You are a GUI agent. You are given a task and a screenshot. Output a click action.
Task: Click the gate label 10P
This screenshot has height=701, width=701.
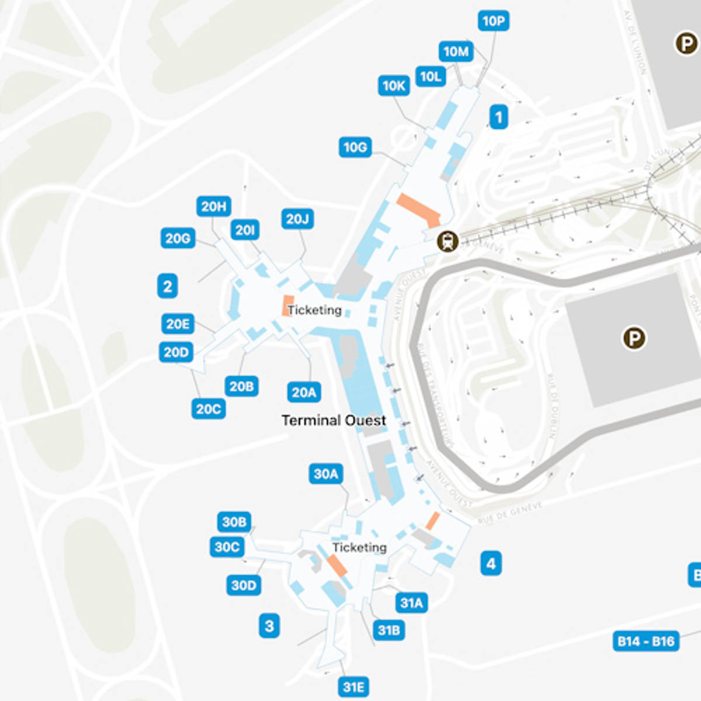(x=493, y=21)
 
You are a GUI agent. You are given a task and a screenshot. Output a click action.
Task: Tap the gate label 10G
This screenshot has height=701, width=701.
(x=355, y=147)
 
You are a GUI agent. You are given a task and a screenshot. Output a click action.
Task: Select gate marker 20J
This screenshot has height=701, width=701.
(x=297, y=219)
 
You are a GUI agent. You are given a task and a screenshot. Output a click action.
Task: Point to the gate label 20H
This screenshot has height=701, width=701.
(x=214, y=206)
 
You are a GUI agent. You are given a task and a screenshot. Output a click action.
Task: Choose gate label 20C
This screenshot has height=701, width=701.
(x=209, y=409)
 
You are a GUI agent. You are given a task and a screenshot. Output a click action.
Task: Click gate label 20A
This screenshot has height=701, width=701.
(x=304, y=392)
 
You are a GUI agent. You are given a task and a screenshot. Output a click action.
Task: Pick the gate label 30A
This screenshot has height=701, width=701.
(x=326, y=474)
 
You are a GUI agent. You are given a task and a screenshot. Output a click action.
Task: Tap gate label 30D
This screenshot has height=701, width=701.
(x=244, y=585)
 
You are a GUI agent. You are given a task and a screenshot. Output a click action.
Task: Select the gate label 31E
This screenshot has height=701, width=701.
(x=354, y=687)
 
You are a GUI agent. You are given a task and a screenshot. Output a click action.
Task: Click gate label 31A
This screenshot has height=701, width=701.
(x=411, y=603)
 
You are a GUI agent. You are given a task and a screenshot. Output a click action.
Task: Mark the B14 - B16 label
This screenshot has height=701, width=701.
(x=646, y=641)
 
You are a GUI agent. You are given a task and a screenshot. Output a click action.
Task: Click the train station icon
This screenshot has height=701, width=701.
(x=448, y=241)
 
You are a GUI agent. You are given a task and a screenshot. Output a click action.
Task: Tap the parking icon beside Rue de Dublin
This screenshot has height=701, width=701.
(x=634, y=338)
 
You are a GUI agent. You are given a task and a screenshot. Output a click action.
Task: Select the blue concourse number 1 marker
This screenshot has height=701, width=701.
(x=498, y=117)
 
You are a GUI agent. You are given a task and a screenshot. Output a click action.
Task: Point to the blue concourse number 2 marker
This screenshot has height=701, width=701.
(x=168, y=286)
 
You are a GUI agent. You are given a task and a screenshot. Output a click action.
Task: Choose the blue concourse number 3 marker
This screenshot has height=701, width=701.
(x=269, y=626)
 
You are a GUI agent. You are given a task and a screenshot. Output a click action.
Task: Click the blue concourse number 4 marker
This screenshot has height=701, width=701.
(x=491, y=564)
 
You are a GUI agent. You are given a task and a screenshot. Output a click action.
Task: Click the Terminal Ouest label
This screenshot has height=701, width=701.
(x=334, y=421)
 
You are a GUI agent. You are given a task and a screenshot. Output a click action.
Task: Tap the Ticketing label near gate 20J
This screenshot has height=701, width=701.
(x=314, y=310)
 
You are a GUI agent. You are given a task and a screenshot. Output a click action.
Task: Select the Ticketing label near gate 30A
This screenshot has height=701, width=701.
(x=359, y=547)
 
